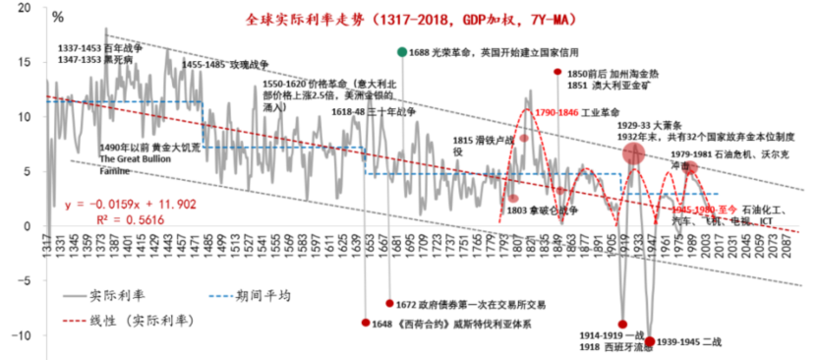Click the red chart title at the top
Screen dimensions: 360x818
(x=410, y=19)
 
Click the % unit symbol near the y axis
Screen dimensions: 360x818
(x=57, y=17)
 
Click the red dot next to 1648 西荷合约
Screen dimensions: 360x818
(x=366, y=323)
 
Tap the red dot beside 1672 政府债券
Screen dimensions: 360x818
(x=389, y=303)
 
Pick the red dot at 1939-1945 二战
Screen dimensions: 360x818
(x=649, y=341)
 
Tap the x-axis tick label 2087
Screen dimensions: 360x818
(x=791, y=247)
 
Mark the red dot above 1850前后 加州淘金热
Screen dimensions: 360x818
(x=557, y=72)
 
